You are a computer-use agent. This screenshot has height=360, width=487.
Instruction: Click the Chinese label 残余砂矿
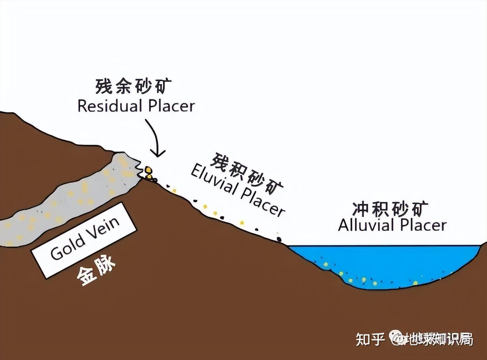coord(134,87)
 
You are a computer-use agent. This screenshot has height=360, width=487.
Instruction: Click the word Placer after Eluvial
coord(263,202)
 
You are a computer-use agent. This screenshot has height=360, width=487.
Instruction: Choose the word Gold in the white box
coord(68,247)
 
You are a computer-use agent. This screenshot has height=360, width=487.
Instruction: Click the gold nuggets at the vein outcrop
coord(149,173)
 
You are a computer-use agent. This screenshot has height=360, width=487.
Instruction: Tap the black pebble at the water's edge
coord(279,239)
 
